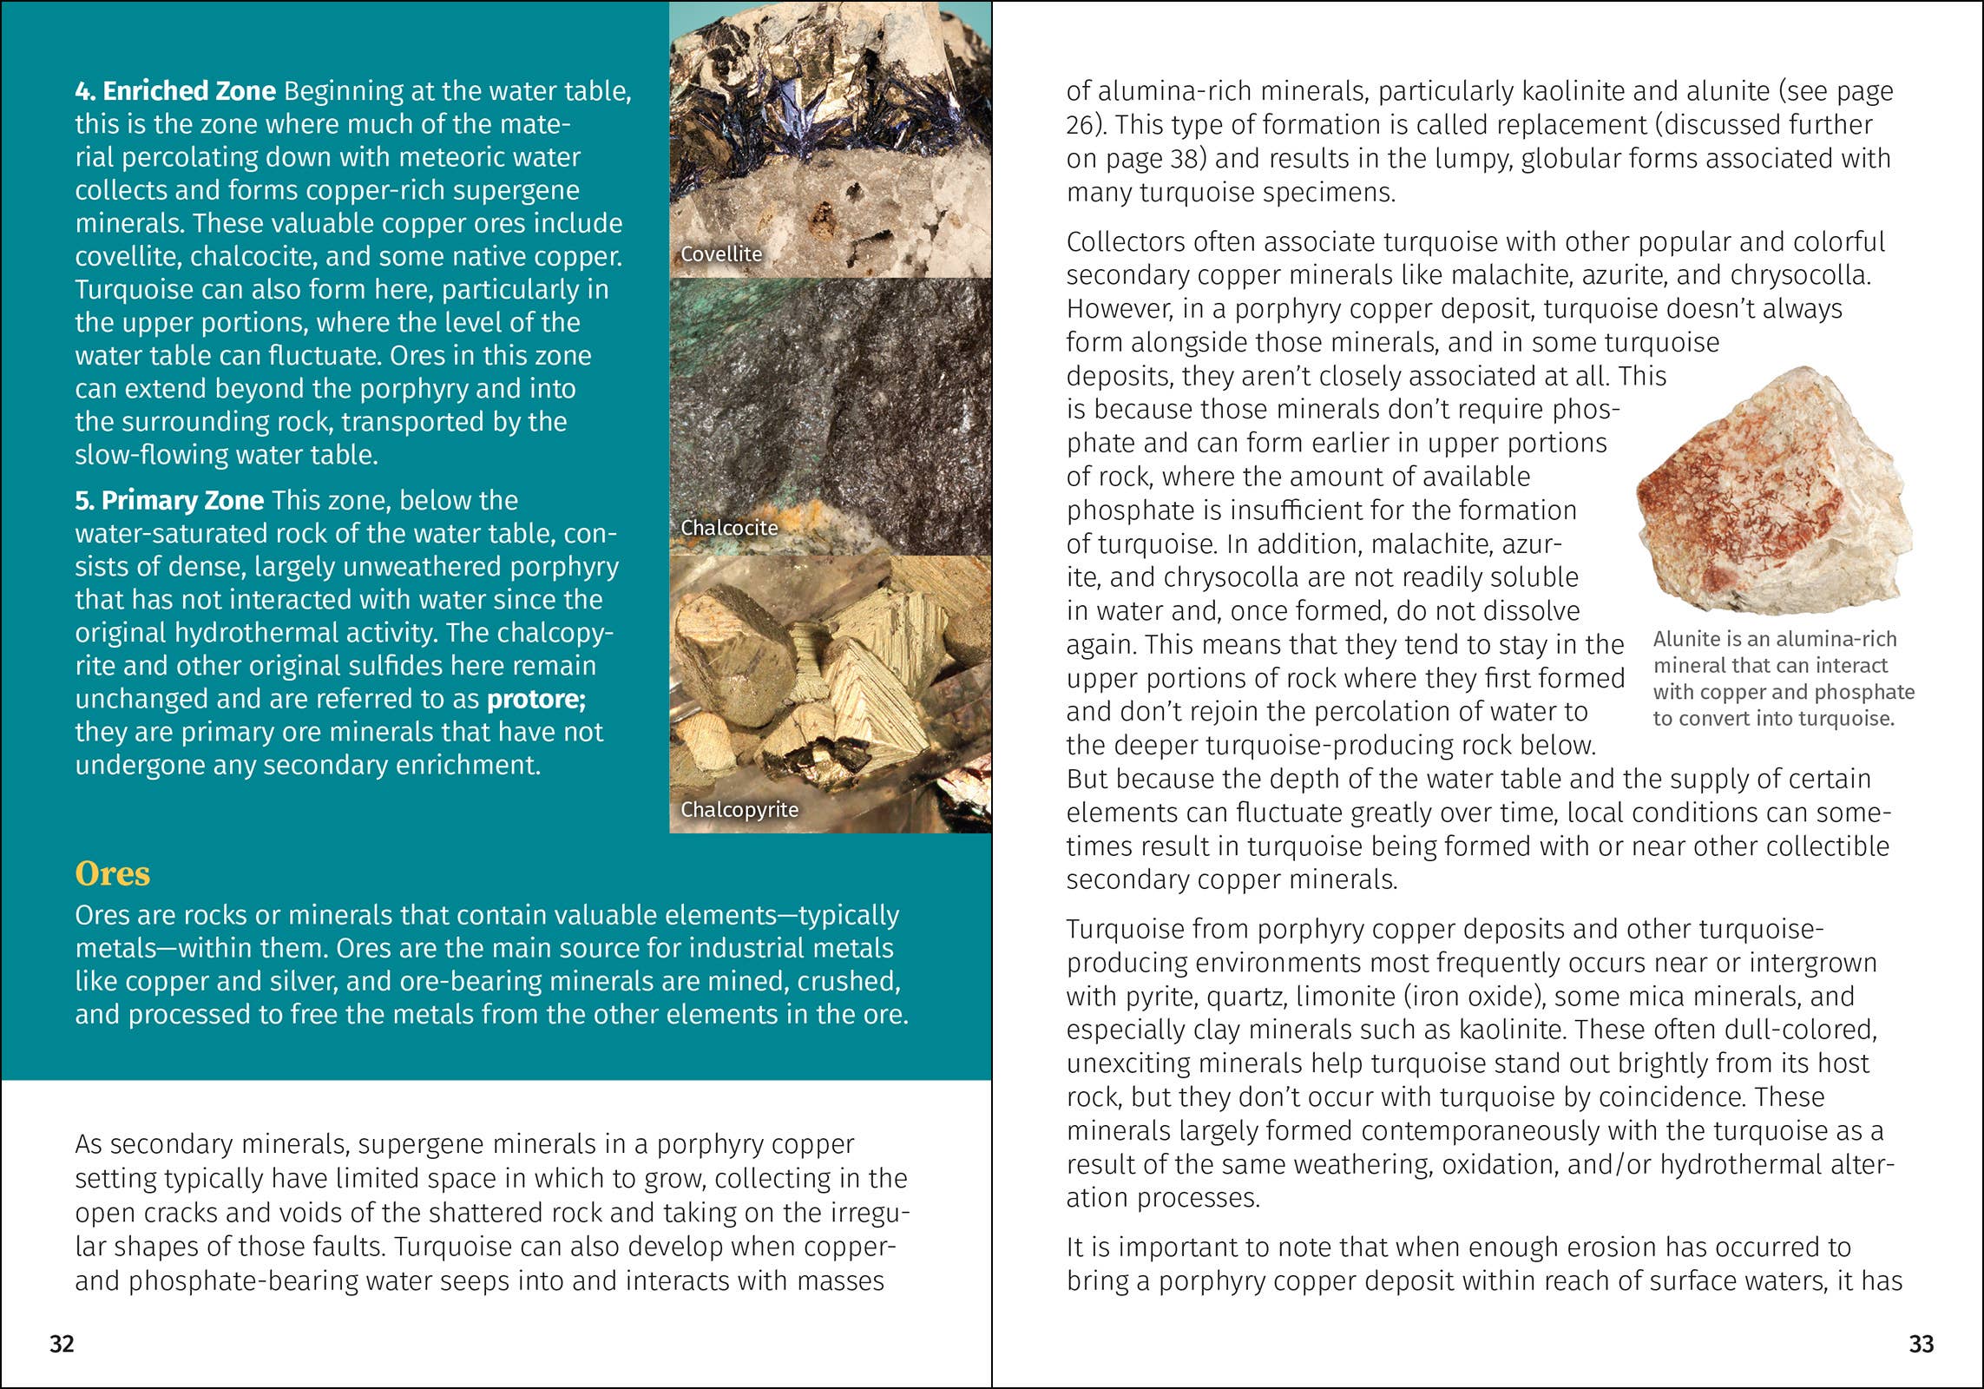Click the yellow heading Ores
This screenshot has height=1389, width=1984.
(113, 873)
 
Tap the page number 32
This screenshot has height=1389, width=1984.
(62, 1344)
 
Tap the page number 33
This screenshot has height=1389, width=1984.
(1921, 1344)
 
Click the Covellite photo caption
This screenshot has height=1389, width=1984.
(721, 254)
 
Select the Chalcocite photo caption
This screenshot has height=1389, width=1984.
(729, 528)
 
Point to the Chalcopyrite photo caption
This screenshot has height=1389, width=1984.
(739, 809)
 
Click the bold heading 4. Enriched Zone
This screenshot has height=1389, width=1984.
(175, 91)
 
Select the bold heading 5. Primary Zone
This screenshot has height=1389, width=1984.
(169, 501)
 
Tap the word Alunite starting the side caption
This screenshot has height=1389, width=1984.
(1686, 639)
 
